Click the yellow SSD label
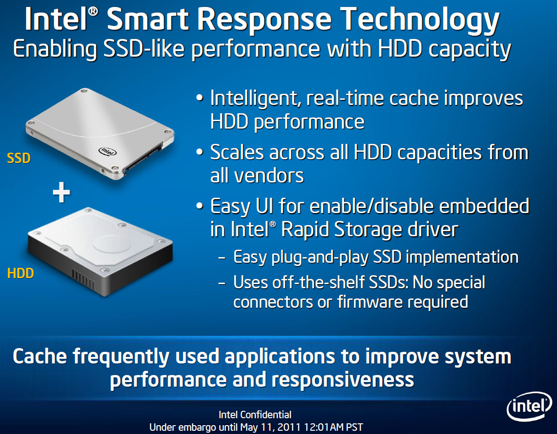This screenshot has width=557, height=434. click(19, 158)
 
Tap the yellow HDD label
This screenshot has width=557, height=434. click(20, 273)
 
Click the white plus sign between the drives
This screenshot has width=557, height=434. click(61, 192)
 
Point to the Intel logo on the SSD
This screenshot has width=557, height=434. click(107, 151)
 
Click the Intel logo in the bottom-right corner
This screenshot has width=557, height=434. click(529, 406)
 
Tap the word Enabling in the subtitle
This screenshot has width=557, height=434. click(55, 49)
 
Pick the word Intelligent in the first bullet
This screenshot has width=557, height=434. click(256, 99)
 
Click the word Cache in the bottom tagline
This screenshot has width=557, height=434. click(40, 356)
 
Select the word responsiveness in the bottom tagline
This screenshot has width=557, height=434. click(343, 380)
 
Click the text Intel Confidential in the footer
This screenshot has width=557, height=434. click(255, 415)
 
